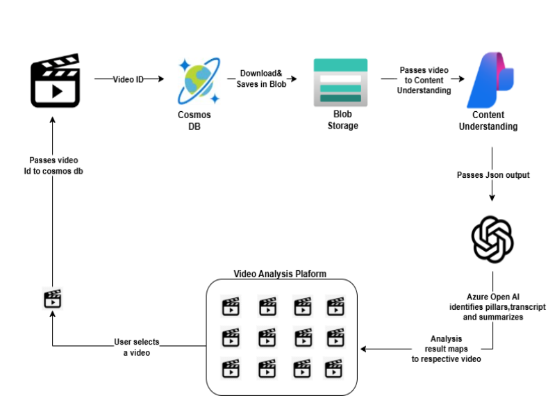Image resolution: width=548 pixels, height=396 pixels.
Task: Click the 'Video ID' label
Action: (128, 80)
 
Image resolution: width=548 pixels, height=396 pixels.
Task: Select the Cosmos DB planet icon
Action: (199, 81)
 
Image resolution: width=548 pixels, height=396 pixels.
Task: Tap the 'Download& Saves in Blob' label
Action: (261, 79)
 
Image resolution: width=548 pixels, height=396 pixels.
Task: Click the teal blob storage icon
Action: (340, 83)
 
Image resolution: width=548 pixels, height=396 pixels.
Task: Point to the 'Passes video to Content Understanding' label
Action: (424, 81)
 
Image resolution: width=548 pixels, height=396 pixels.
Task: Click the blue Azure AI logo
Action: (490, 80)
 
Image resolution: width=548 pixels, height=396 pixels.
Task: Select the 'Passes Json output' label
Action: (493, 175)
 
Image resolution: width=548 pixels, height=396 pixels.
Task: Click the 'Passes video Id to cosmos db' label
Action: (53, 165)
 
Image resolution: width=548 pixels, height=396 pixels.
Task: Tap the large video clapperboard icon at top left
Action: (56, 81)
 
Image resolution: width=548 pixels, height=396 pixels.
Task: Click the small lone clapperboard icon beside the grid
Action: (53, 299)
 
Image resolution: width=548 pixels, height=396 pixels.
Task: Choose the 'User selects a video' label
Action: (137, 347)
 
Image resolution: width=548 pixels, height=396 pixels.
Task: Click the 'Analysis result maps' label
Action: (446, 349)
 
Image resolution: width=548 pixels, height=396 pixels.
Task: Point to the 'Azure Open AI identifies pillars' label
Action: (493, 306)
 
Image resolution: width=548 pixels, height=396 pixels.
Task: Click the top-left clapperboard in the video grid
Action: (231, 306)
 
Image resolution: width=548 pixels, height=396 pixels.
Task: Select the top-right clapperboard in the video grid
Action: (335, 306)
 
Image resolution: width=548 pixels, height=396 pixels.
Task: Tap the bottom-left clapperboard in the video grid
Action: (231, 368)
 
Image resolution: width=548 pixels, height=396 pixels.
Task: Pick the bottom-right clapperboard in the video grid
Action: (333, 368)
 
